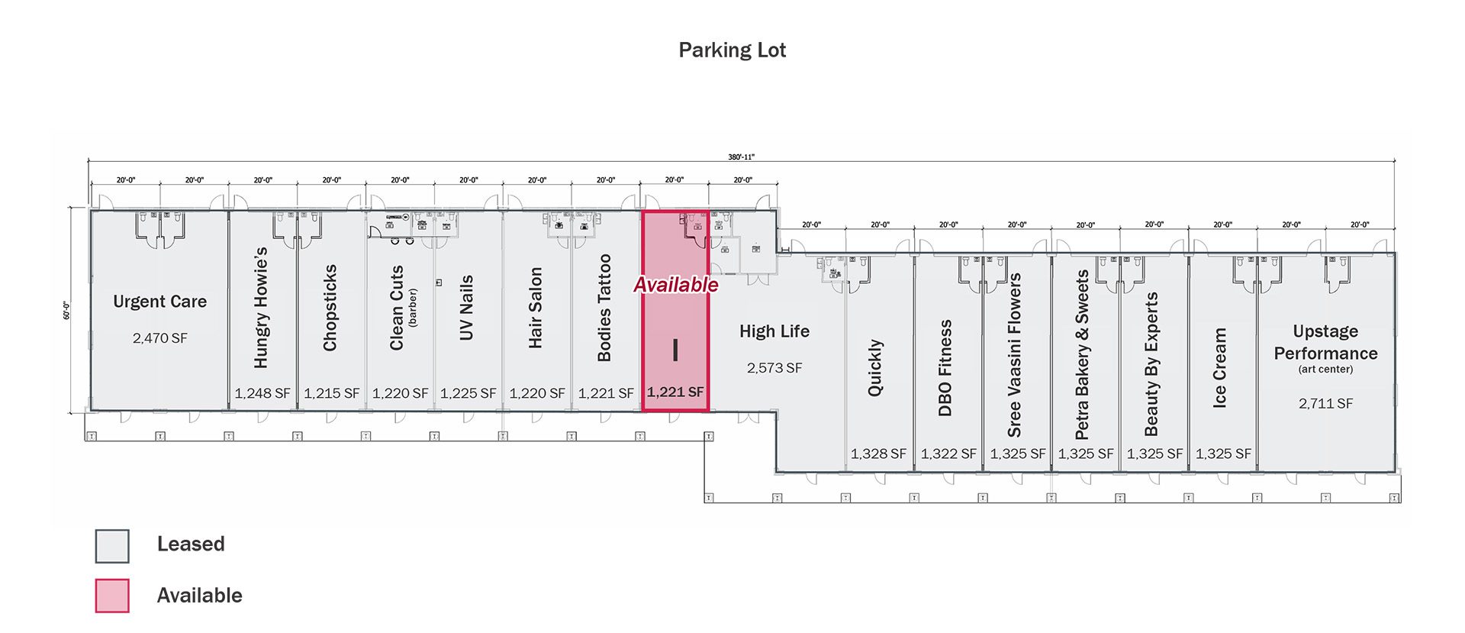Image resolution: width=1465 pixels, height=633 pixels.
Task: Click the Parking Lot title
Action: point(732,50)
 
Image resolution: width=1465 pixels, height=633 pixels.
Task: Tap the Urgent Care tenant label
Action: point(159,302)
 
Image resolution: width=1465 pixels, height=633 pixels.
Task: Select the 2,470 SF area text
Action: point(159,338)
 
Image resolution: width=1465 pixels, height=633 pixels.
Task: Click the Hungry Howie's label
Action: point(261,308)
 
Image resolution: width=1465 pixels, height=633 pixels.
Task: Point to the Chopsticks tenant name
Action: point(330,308)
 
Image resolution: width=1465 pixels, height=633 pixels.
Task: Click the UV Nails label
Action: point(466,308)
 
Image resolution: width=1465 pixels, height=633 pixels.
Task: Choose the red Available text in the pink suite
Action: point(676,285)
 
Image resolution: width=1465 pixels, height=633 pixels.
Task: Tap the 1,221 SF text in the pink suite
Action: point(675,392)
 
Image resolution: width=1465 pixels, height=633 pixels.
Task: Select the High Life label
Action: point(774,331)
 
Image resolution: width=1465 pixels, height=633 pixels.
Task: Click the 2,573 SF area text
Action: point(774,368)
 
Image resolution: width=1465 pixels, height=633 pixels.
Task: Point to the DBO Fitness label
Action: point(945,368)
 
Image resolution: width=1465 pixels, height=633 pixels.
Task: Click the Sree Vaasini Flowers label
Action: point(1014,355)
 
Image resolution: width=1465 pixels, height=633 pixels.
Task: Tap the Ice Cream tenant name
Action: point(1219,368)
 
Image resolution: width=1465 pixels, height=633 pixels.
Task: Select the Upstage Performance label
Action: point(1325,342)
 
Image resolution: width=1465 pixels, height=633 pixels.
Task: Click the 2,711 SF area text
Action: point(1325,403)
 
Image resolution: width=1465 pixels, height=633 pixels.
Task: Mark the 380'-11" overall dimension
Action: point(741,157)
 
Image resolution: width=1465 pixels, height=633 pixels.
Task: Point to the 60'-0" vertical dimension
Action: point(66,311)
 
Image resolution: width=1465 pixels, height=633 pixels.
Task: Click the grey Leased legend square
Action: point(112,546)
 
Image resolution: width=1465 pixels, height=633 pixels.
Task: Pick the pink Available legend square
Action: point(112,596)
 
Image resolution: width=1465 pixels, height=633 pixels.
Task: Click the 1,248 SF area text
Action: point(262,393)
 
